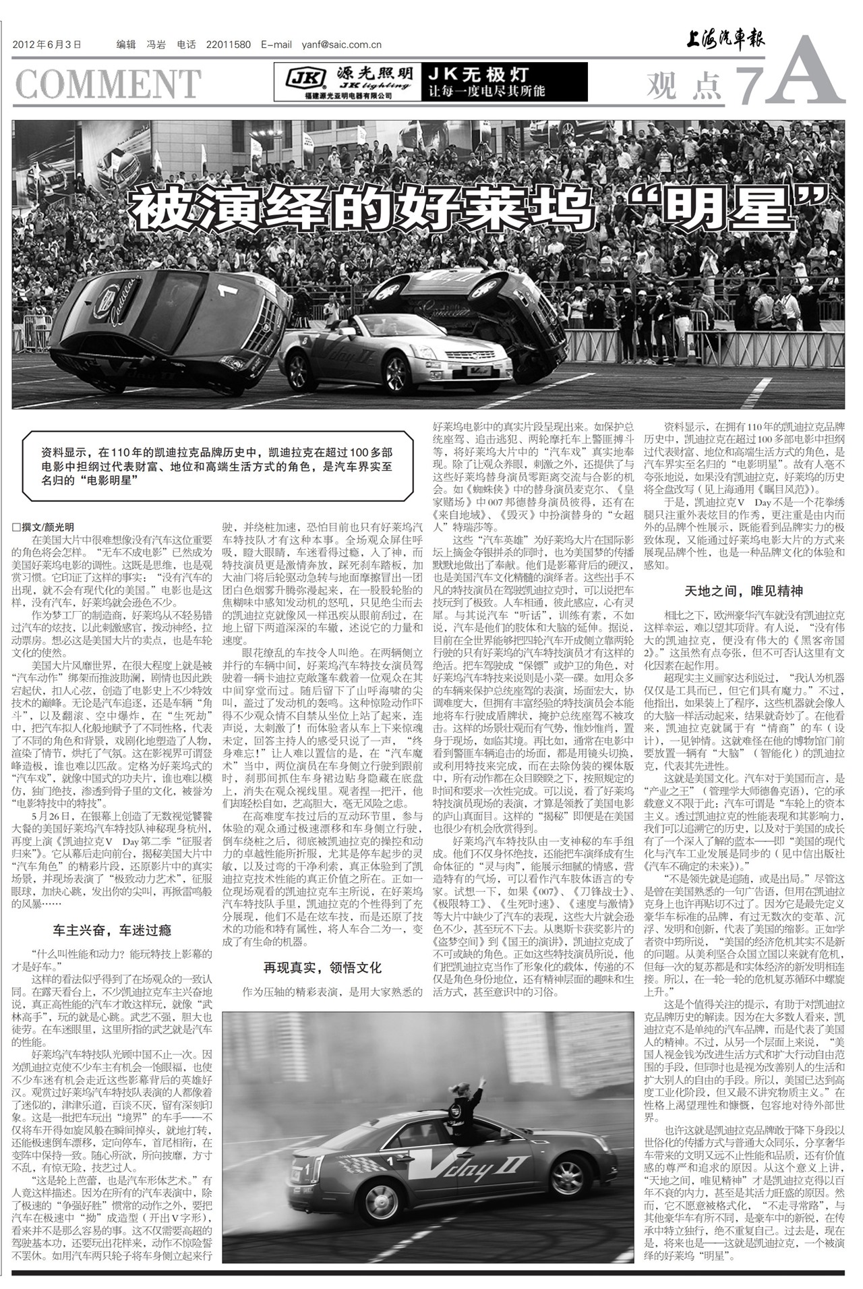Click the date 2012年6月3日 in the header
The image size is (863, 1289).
tap(47, 45)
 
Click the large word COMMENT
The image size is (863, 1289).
tap(108, 84)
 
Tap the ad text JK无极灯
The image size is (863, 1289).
tap(479, 74)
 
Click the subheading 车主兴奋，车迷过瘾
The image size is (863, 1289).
tap(113, 930)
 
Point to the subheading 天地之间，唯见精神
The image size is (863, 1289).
tap(744, 591)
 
